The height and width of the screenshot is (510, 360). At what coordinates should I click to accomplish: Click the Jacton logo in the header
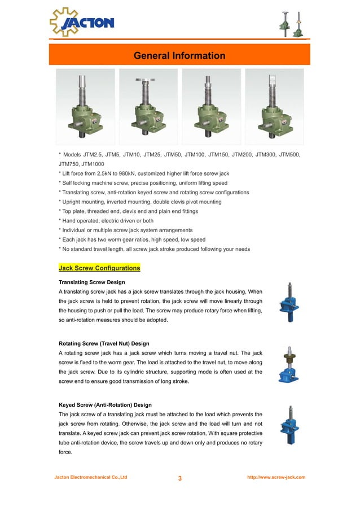(81, 22)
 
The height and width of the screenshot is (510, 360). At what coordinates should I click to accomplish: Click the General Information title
(179, 55)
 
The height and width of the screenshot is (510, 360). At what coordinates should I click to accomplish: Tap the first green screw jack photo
(85, 104)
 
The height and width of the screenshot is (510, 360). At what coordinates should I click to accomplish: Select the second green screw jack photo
(148, 104)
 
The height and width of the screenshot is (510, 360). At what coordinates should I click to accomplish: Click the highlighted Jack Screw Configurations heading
(99, 268)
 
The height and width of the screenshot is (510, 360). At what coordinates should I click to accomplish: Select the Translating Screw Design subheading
(91, 282)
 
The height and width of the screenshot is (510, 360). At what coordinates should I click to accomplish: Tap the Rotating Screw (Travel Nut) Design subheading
(104, 343)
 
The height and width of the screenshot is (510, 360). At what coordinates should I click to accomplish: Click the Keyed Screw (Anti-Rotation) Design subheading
(105, 405)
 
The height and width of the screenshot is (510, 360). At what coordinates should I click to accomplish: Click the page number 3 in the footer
(180, 478)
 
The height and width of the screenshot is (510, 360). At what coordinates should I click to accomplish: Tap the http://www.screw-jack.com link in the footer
(276, 477)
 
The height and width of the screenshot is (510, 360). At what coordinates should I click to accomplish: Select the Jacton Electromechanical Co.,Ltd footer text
(91, 477)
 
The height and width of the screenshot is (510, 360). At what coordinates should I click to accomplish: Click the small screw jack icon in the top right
(292, 24)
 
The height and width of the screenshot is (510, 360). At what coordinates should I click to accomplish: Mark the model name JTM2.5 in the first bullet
(93, 154)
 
